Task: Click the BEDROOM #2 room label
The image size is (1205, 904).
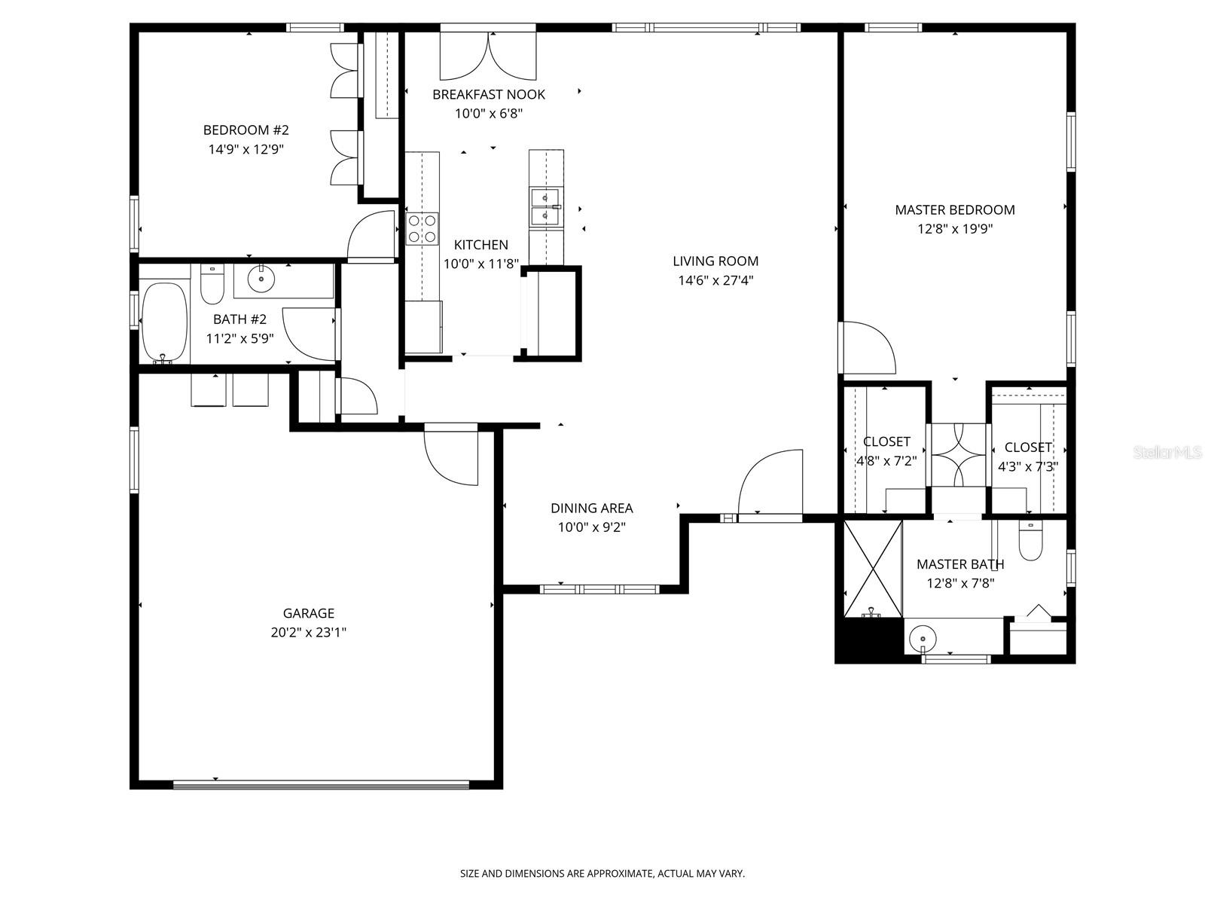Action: coord(246,130)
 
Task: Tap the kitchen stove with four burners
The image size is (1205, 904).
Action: coord(422,228)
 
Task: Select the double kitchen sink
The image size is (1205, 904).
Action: coord(545,207)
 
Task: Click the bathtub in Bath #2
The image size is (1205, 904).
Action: coord(164,322)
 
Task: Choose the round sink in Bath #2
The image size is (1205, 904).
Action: coord(261,278)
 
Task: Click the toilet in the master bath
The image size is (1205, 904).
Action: coord(1030,541)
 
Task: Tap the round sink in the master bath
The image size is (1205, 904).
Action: coord(923,639)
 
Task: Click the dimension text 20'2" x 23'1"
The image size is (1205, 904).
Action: coord(308,633)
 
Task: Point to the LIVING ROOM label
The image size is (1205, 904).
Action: coord(715,261)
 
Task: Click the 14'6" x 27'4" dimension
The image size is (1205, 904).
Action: coord(715,281)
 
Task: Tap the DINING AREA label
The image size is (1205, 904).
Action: coord(591,508)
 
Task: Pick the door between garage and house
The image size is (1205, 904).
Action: coord(450,456)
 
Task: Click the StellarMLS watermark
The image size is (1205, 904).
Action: coord(1167,453)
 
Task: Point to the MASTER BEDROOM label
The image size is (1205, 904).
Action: coord(954,210)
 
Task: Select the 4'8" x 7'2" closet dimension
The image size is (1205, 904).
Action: coord(886,461)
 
